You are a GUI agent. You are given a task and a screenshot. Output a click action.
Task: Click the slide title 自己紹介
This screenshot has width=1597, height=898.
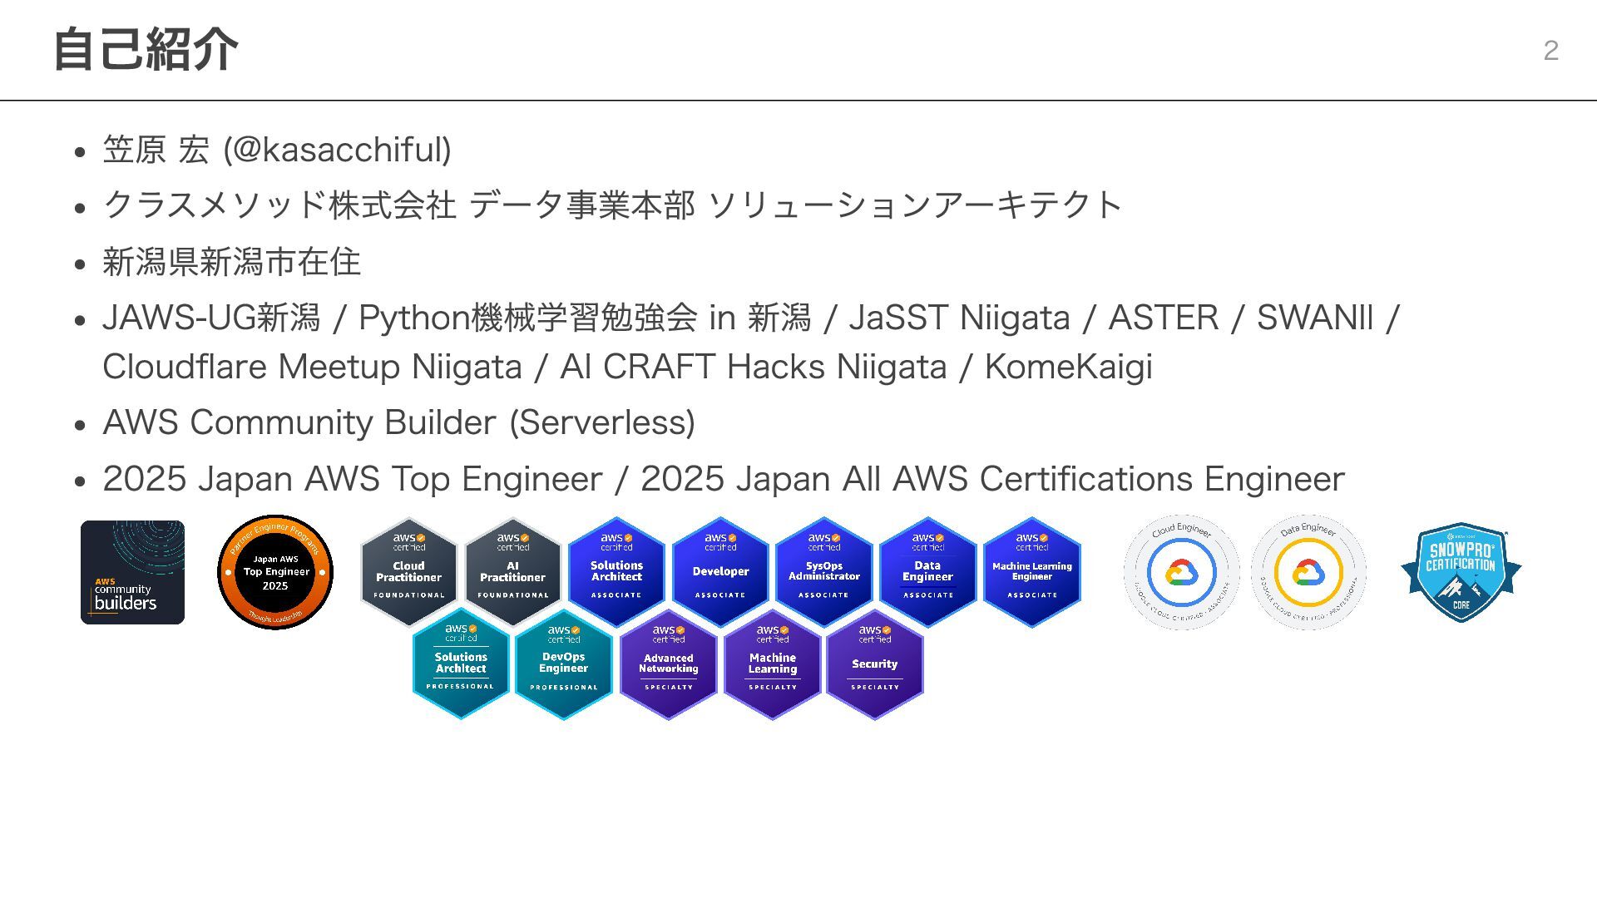[146, 50]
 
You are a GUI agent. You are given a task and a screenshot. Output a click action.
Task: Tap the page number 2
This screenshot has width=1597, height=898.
[1550, 51]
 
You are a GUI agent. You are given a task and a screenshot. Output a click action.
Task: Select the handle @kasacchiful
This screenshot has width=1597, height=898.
[337, 150]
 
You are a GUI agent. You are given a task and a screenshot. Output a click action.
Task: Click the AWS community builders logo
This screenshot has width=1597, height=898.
[132, 572]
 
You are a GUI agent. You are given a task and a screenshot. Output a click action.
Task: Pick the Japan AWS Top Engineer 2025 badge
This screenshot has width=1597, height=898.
[275, 572]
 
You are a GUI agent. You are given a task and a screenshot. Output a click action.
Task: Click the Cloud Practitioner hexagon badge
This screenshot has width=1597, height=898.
[408, 571]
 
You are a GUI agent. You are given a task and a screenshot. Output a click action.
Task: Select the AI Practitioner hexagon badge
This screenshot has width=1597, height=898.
[512, 571]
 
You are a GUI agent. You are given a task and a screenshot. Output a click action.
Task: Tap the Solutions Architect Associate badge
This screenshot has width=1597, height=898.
[616, 571]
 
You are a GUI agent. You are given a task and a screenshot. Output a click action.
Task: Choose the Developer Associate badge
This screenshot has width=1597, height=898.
[720, 571]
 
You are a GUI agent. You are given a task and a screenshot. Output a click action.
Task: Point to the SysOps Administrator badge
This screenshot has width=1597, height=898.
[823, 571]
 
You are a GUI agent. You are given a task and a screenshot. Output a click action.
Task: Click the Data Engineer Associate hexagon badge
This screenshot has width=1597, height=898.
[927, 571]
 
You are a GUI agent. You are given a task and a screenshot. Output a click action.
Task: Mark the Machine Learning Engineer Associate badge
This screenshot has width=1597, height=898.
[1031, 571]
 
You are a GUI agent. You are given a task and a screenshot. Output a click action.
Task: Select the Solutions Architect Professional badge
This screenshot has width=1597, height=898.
[461, 664]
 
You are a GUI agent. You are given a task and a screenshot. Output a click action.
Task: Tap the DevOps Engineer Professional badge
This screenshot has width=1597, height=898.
[563, 664]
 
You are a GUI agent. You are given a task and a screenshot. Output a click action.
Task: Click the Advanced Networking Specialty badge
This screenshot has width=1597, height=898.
[668, 664]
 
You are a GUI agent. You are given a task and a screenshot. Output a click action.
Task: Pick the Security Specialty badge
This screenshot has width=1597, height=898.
[874, 664]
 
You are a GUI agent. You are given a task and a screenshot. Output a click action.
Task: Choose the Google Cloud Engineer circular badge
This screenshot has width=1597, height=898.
[1181, 572]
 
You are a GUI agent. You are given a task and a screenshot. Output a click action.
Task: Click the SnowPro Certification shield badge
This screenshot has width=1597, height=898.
[1461, 572]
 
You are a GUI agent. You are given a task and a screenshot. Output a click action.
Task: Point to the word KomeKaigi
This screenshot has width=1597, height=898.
[1068, 367]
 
